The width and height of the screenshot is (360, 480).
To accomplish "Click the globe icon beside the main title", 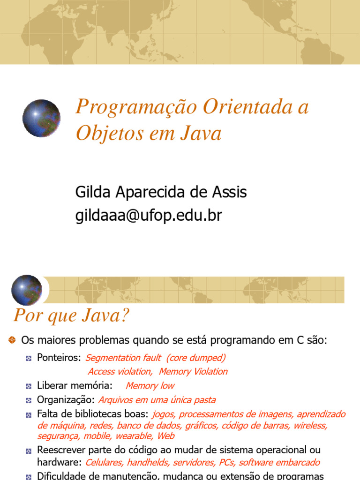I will point(41,118).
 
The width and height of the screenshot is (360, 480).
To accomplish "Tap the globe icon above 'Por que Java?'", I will point(27,290).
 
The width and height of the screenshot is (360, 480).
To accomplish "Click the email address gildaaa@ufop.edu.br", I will point(149,215).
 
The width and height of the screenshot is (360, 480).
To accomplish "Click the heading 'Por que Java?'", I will point(71,315).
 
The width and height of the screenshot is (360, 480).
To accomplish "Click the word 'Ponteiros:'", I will point(59,358).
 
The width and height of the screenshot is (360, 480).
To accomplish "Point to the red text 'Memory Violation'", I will point(193,372).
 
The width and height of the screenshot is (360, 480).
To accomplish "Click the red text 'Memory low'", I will point(150,386).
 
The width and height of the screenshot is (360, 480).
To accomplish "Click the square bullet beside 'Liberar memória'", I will point(29,386).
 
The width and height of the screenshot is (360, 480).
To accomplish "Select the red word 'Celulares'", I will point(105,463).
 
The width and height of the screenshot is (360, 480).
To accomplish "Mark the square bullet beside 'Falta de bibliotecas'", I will point(29,414).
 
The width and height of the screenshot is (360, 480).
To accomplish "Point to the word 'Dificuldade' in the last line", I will point(61,476).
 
